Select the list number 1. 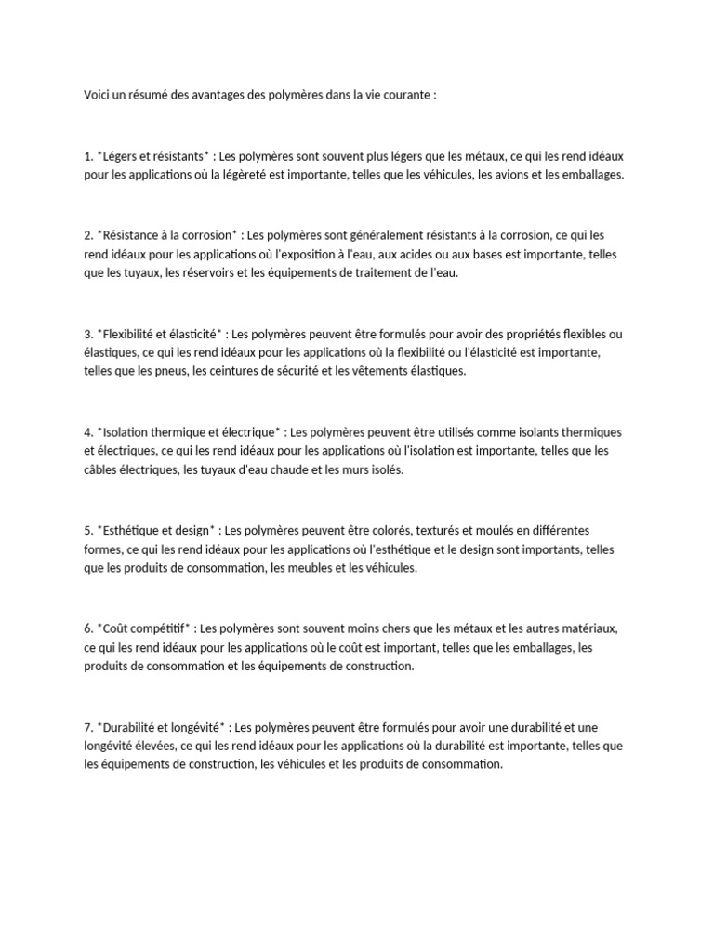tap(87, 156)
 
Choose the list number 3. tap(87, 334)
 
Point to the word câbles tap(100, 469)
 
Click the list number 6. tap(87, 629)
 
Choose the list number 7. tap(87, 728)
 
